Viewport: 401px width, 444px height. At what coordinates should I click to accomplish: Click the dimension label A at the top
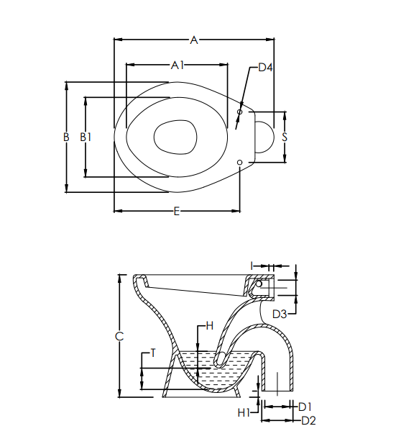[x=193, y=40]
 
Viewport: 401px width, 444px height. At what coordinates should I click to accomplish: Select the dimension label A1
[x=178, y=65]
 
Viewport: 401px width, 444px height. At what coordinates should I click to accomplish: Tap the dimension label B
[x=65, y=137]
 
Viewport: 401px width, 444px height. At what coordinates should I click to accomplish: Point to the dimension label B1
[x=86, y=137]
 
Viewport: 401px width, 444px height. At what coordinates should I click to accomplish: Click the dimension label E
[x=176, y=211]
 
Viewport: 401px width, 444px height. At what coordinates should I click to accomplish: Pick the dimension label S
[x=285, y=136]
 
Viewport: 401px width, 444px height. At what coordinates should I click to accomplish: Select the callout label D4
[x=265, y=68]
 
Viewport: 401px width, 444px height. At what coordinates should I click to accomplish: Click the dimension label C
[x=120, y=336]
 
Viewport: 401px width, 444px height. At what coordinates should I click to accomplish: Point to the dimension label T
[x=152, y=353]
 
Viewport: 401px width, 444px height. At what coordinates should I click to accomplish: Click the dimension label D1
[x=304, y=407]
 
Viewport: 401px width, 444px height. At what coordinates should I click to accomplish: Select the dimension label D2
[x=308, y=420]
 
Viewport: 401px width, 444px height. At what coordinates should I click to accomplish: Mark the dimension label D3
[x=280, y=314]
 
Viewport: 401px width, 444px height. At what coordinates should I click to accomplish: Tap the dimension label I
[x=252, y=266]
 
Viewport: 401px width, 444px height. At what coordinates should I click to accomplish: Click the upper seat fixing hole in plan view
[x=241, y=112]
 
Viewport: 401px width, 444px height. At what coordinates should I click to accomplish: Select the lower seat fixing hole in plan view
[x=241, y=161]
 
